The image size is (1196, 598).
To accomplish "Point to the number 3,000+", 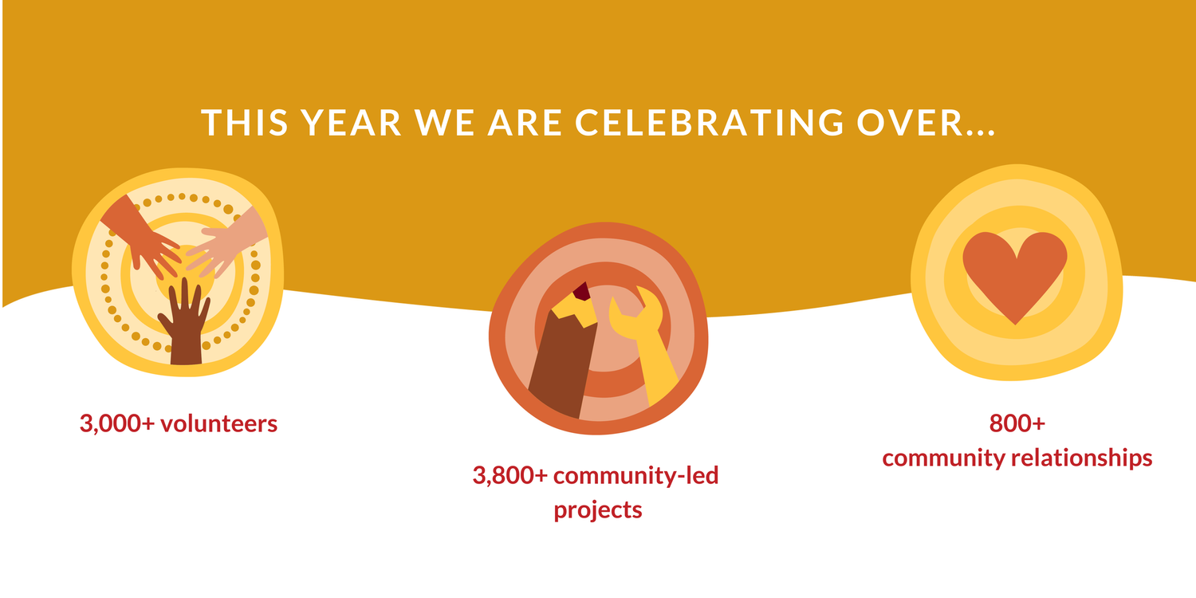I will pyautogui.click(x=116, y=423).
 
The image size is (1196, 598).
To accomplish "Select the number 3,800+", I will pyautogui.click(x=509, y=476).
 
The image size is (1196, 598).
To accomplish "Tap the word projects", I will pyautogui.click(x=598, y=509).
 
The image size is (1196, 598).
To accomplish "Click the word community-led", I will pyautogui.click(x=635, y=476).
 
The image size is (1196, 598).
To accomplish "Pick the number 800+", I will pyautogui.click(x=1017, y=423).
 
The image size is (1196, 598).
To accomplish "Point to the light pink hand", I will pyautogui.click(x=227, y=243).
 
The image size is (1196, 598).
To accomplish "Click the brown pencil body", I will pyautogui.click(x=561, y=367).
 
